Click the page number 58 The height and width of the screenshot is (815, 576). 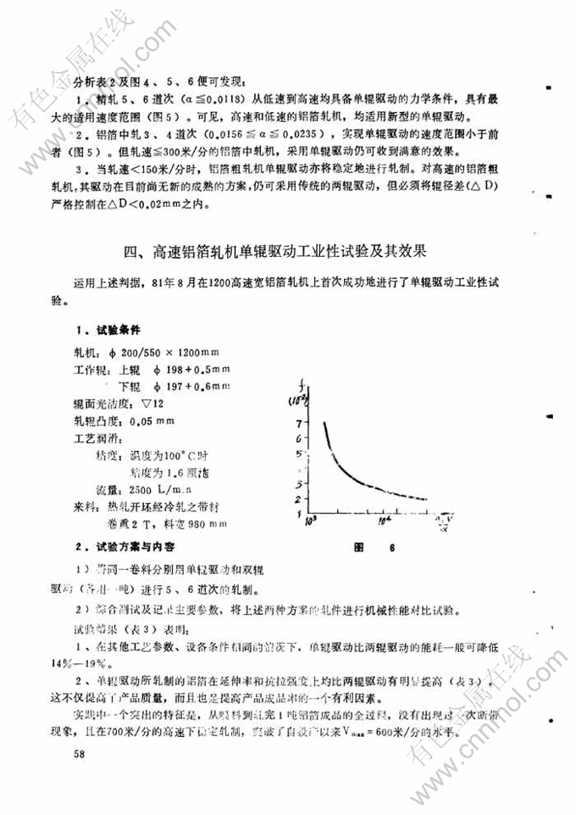(x=79, y=752)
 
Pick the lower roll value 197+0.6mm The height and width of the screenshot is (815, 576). (x=200, y=386)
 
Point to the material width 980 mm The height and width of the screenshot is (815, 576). (x=207, y=524)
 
